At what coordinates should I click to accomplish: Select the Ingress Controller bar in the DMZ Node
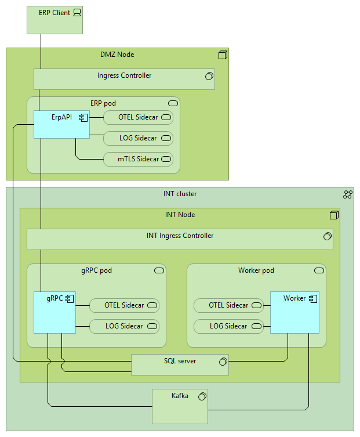pos(124,80)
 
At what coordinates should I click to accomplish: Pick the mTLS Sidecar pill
pos(138,159)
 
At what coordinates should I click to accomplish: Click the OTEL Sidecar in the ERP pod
pos(138,117)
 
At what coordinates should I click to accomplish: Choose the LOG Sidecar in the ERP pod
pos(138,138)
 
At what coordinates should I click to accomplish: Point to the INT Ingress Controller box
pos(180,239)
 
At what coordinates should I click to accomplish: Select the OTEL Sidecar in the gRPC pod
pos(124,305)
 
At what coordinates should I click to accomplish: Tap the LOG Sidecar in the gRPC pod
pos(124,326)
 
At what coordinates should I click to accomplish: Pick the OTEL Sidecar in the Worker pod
pos(228,305)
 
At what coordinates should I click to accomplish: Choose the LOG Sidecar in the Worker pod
pos(228,326)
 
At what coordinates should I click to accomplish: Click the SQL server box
pos(180,364)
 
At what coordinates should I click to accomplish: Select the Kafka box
pos(180,406)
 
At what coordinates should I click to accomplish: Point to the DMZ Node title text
pos(117,55)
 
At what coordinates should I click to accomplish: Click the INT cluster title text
pos(180,194)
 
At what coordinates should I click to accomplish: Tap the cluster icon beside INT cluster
pos(348,194)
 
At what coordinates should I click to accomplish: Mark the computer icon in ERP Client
pos(77,13)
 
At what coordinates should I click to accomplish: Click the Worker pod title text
pos(256,270)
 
